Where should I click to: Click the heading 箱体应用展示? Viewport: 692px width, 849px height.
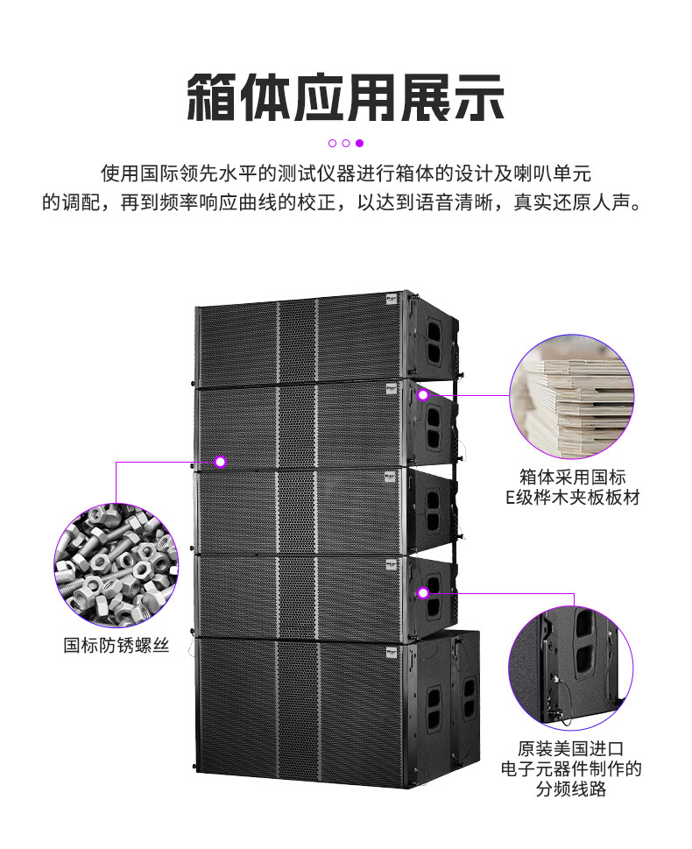pos(346,96)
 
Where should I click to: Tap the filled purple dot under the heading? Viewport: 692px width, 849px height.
pos(359,143)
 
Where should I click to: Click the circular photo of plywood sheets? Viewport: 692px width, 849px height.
pos(571,396)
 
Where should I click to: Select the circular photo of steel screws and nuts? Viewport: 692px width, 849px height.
pos(116,565)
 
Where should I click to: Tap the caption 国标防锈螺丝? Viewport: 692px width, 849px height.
pos(116,646)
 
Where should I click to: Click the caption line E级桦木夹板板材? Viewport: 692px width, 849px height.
pos(571,498)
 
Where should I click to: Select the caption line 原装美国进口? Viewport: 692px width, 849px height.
pos(571,750)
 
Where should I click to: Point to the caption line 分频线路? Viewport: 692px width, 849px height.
pos(571,789)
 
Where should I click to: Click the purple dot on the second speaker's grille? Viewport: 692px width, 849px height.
pos(221,461)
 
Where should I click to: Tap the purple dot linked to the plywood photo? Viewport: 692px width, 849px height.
pos(423,395)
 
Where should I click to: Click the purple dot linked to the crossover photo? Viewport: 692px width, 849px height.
pos(423,593)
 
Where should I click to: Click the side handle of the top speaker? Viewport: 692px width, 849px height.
pos(434,338)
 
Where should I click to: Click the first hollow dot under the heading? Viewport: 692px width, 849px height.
pos(333,143)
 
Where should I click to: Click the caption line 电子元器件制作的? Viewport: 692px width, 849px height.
pos(571,770)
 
